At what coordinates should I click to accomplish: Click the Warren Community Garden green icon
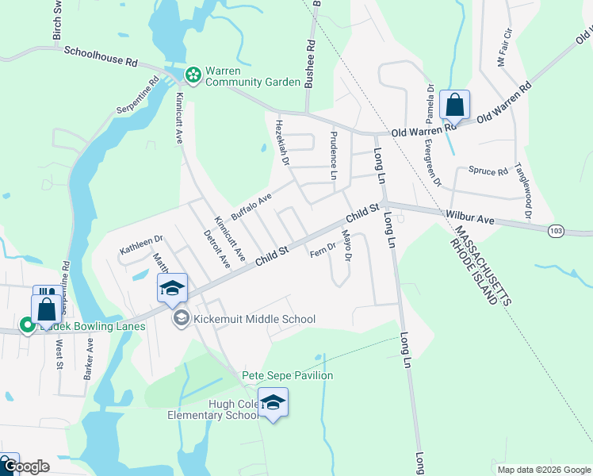click(x=193, y=75)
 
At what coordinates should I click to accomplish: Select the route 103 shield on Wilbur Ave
click(x=556, y=230)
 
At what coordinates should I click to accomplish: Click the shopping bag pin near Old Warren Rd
click(x=454, y=105)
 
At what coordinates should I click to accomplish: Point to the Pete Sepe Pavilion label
click(x=287, y=375)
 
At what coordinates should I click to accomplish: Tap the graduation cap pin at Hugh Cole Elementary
click(x=273, y=402)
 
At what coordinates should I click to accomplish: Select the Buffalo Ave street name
click(x=251, y=206)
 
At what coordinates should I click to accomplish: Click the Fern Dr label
click(x=323, y=250)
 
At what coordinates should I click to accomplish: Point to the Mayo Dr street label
click(x=346, y=246)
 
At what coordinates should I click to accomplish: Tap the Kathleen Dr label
click(x=141, y=241)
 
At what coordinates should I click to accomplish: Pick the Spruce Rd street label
click(x=488, y=171)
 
